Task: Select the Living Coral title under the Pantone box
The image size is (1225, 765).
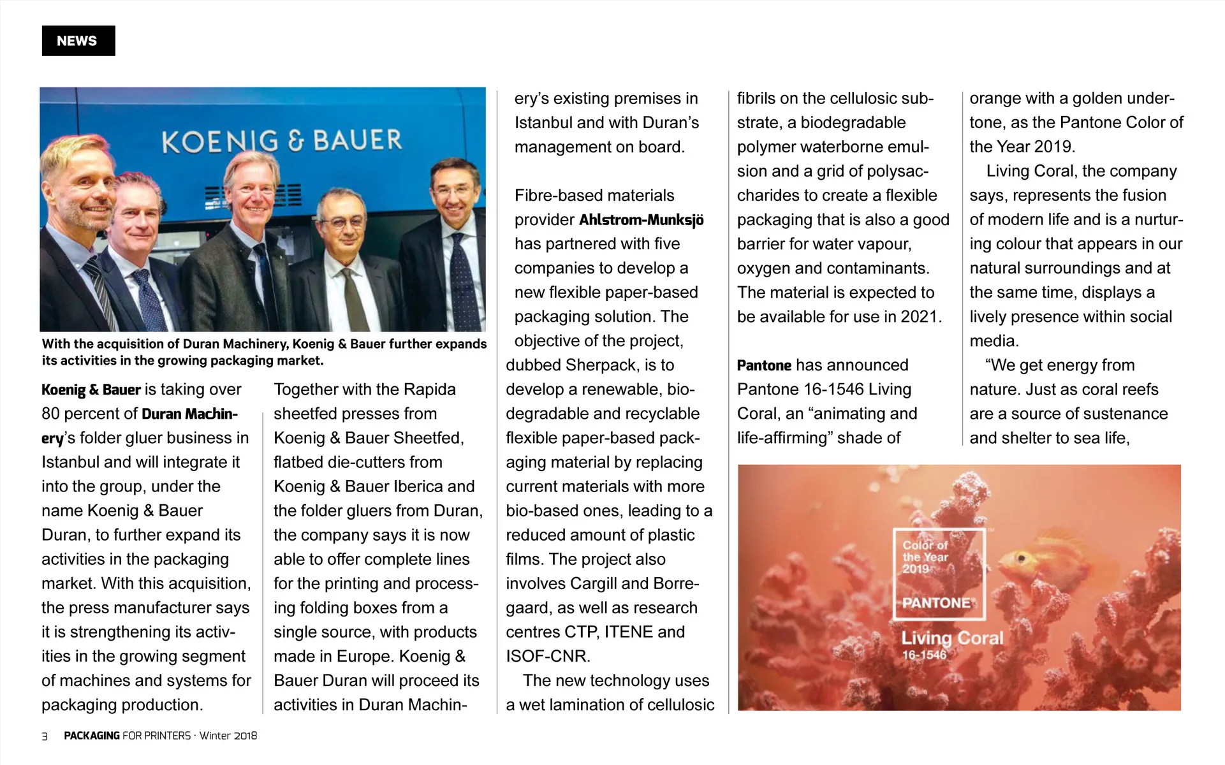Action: [951, 637]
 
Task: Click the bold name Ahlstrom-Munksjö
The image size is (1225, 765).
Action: [641, 220]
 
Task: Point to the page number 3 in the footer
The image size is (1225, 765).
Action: [45, 736]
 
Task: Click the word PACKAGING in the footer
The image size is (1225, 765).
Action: [92, 736]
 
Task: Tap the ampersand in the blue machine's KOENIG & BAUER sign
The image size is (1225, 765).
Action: [295, 141]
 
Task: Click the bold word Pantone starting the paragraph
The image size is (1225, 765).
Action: [764, 365]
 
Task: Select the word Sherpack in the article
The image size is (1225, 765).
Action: [601, 365]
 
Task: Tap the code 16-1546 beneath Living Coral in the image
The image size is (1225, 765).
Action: [924, 655]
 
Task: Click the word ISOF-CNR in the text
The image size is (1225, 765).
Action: [547, 656]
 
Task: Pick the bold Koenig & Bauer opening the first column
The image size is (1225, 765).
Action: [91, 390]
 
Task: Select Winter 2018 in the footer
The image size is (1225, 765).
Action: [228, 736]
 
